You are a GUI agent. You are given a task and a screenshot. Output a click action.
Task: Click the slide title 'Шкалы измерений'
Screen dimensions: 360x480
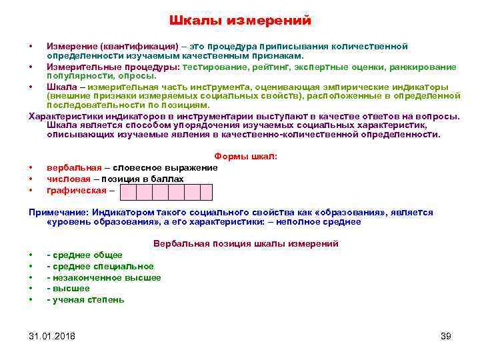(239, 21)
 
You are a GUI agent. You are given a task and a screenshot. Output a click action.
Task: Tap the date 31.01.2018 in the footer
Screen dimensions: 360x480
(52, 335)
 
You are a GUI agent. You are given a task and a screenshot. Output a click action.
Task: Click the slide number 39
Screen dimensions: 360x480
(446, 335)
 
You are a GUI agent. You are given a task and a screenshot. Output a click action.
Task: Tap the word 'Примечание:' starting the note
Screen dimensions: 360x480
(59, 212)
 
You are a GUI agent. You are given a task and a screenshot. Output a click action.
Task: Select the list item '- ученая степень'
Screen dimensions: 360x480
(85, 300)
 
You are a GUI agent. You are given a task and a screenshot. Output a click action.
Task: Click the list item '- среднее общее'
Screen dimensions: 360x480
(85, 255)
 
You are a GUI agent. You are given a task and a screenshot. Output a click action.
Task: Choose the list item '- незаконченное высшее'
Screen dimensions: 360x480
(104, 277)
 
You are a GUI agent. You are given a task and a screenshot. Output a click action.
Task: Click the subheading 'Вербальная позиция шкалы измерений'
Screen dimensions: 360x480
(245, 243)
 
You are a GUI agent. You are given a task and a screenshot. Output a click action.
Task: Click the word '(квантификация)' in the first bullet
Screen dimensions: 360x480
(139, 46)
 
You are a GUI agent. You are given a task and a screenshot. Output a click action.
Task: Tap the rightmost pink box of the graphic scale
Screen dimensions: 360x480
(205, 193)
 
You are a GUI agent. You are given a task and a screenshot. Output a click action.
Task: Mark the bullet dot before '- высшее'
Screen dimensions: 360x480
(31, 289)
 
